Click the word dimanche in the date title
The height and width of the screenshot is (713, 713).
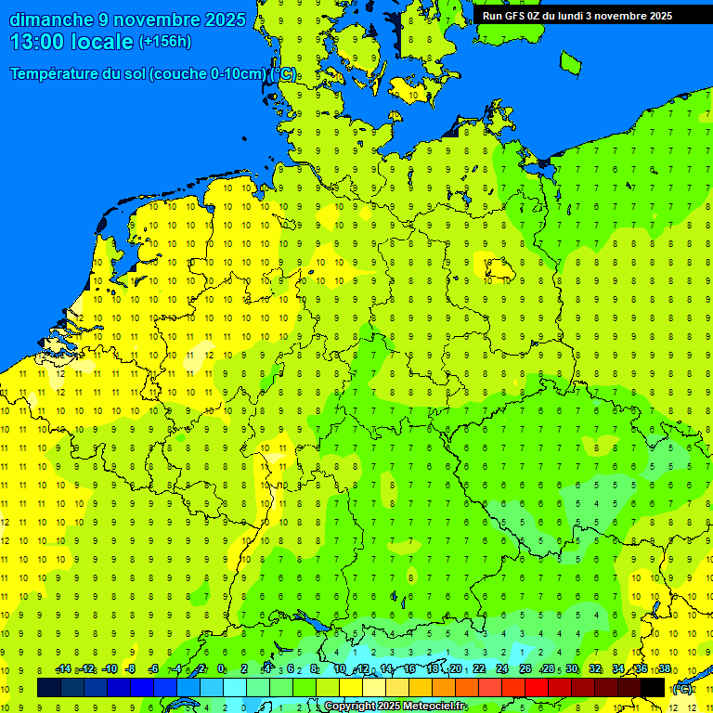pos(52,19)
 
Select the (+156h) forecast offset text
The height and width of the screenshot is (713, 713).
pos(165,42)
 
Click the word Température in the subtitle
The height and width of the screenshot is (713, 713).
pos(57,74)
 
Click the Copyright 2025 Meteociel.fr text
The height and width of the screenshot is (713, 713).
pos(395,707)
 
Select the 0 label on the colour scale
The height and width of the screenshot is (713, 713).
pos(221,669)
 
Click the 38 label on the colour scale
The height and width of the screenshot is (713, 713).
pos(664,669)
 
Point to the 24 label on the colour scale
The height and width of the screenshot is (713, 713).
pos(502,669)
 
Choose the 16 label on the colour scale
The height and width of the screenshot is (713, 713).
pos(409,669)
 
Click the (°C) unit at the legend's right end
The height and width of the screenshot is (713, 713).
pos(682,689)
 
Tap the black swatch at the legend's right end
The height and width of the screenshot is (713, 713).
pos(653,688)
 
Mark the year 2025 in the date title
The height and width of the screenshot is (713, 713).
pos(226,19)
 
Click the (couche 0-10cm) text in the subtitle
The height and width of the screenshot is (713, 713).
pos(208,74)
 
